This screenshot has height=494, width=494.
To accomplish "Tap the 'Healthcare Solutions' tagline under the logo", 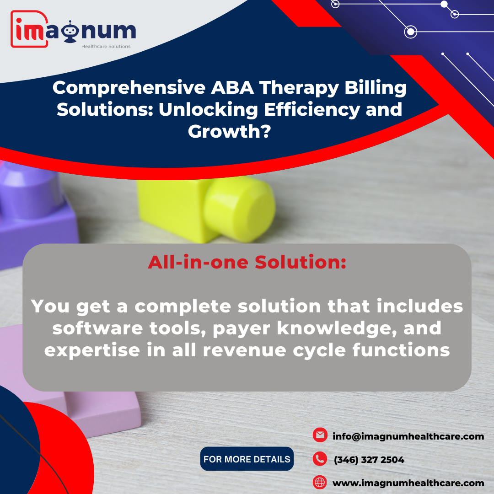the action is pyautogui.click(x=106, y=46).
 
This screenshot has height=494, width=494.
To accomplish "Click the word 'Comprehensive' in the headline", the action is pyautogui.click(x=129, y=88).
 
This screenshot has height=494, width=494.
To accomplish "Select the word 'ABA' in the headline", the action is pyautogui.click(x=232, y=87).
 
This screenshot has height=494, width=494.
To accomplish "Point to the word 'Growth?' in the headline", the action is pyautogui.click(x=229, y=131).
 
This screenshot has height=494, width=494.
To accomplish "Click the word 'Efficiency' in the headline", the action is pyautogui.click(x=312, y=109).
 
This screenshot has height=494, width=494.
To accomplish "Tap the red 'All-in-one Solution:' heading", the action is pyautogui.click(x=247, y=262).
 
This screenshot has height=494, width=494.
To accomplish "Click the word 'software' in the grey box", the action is pyautogui.click(x=97, y=328).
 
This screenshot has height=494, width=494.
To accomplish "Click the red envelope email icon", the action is pyautogui.click(x=320, y=435).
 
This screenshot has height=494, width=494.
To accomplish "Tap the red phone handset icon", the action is pyautogui.click(x=320, y=459).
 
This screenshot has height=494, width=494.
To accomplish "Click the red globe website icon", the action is pyautogui.click(x=320, y=483).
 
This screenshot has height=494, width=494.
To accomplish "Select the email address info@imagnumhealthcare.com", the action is pyautogui.click(x=408, y=436).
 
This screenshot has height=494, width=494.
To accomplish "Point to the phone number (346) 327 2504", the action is pyautogui.click(x=369, y=460).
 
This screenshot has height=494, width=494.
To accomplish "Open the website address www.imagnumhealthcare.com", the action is pyautogui.click(x=408, y=483).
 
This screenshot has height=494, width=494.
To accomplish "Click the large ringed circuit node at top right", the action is pyautogui.click(x=410, y=32).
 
